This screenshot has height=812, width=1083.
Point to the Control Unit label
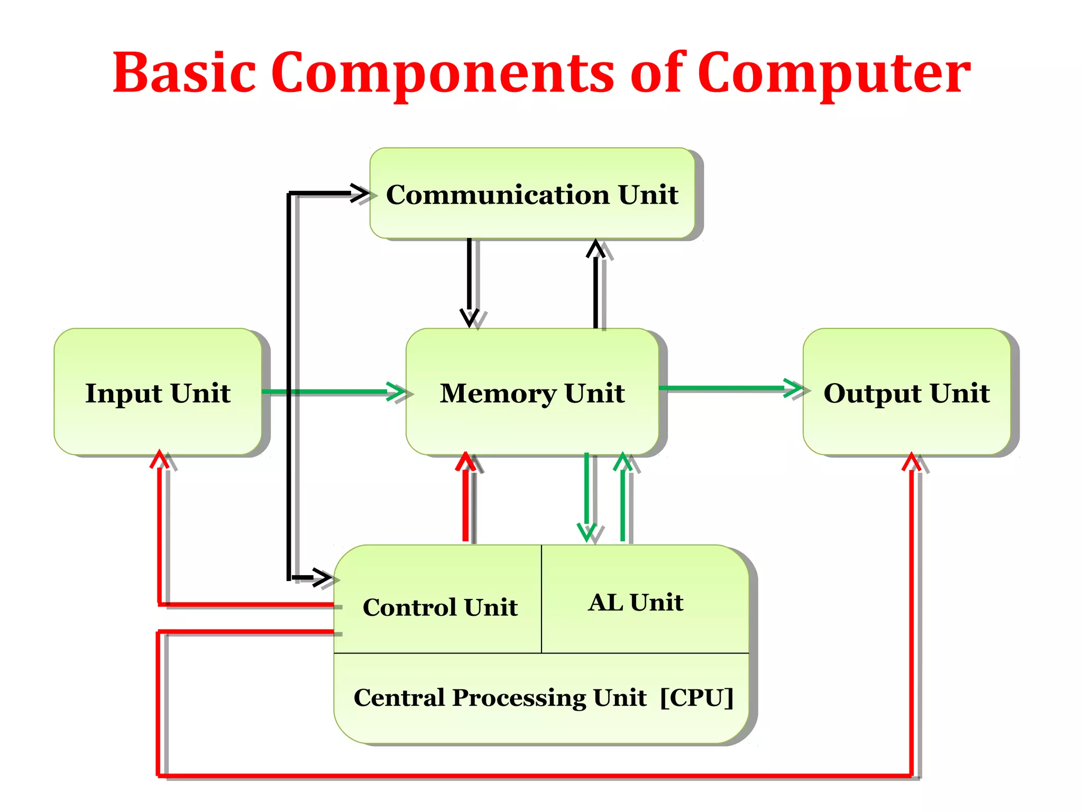(440, 607)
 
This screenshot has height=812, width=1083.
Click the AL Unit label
(636, 602)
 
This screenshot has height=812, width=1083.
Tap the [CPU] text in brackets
(696, 697)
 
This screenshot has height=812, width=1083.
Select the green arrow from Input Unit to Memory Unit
(333, 392)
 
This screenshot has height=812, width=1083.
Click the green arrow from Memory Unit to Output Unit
(730, 388)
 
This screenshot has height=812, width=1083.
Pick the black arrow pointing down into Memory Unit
(469, 280)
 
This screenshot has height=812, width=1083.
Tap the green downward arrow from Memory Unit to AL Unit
(586, 497)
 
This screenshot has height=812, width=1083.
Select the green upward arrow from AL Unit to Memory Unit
(623, 497)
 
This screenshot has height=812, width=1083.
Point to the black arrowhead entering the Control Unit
(322, 577)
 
